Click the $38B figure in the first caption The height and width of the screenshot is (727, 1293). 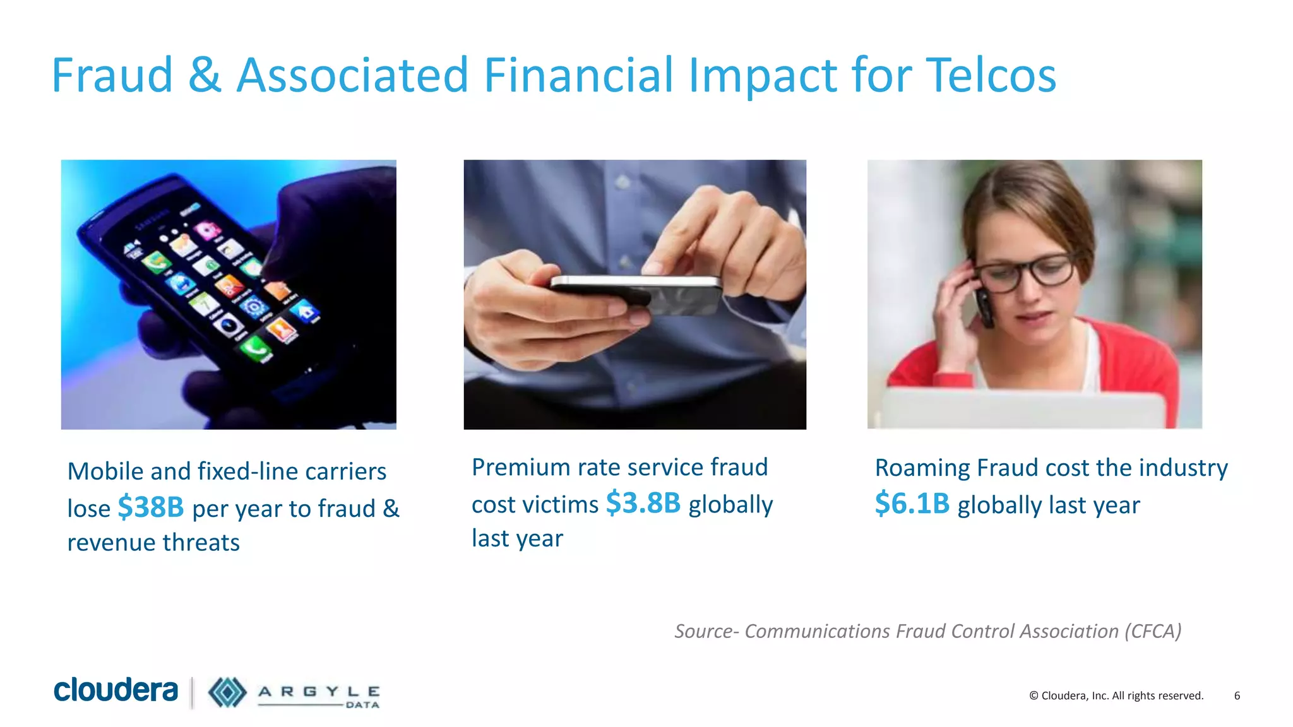pos(151,507)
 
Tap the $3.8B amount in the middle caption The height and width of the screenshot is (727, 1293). pos(643,503)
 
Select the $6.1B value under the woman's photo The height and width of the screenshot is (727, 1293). pos(912,504)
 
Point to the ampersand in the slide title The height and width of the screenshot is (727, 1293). pos(205,76)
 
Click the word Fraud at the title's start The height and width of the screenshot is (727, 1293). pos(112,76)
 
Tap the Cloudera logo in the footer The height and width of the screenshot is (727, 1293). pos(116,690)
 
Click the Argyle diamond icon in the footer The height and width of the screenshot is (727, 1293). pos(227,692)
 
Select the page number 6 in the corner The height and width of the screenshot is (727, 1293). pos(1237,695)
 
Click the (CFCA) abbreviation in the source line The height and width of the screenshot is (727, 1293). pos(1152,631)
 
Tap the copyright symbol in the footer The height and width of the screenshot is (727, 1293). pos(1034,696)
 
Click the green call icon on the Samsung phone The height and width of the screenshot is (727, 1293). pos(256,348)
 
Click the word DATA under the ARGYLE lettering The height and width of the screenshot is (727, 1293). pos(362,705)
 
